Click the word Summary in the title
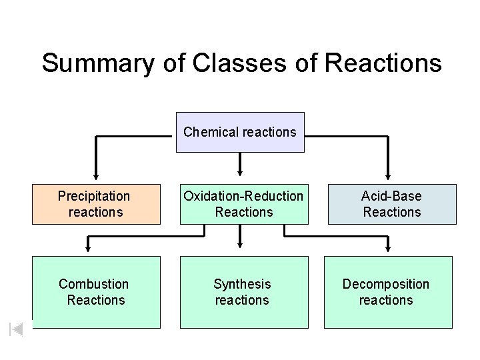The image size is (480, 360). coord(98,63)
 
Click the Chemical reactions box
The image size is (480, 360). coord(240,132)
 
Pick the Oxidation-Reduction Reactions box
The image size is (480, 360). coord(243,204)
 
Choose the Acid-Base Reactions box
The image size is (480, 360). coord(391,204)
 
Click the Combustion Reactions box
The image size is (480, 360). coord(96,292)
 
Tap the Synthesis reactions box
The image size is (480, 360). coord(243,292)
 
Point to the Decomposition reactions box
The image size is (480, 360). coord(387,292)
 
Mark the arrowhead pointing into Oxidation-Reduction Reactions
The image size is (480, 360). coord(241,167)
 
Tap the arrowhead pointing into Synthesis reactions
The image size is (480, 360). coord(241,249)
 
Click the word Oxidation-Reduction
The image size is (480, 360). coord(243,197)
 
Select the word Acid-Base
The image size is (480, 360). coord(391,197)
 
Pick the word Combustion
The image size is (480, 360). coord(94,285)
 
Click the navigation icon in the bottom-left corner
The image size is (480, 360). coord(17,329)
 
